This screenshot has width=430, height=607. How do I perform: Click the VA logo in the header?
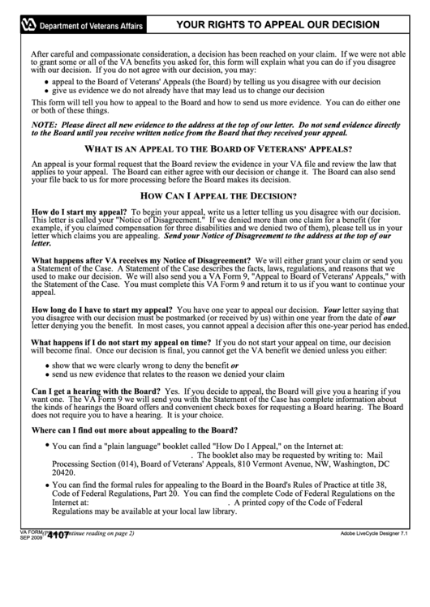click(x=28, y=25)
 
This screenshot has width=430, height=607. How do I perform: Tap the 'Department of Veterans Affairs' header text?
click(x=92, y=26)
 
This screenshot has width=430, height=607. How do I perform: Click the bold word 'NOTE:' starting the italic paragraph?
click(x=45, y=126)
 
